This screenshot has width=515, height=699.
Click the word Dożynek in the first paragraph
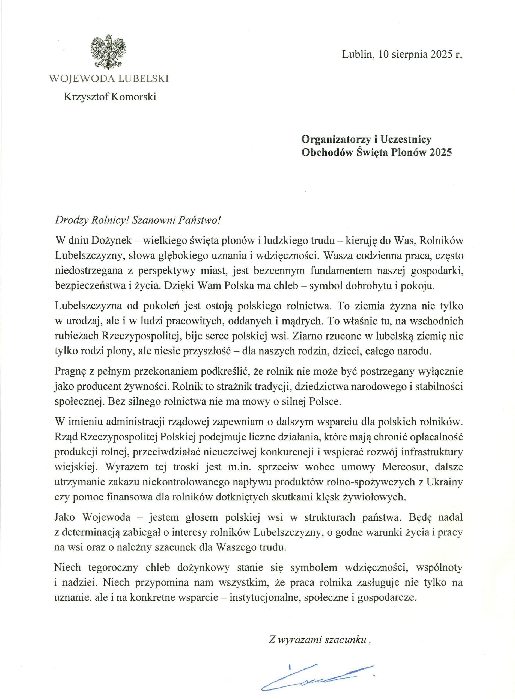click(x=116, y=241)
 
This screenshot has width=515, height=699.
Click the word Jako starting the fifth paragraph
click(x=65, y=517)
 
